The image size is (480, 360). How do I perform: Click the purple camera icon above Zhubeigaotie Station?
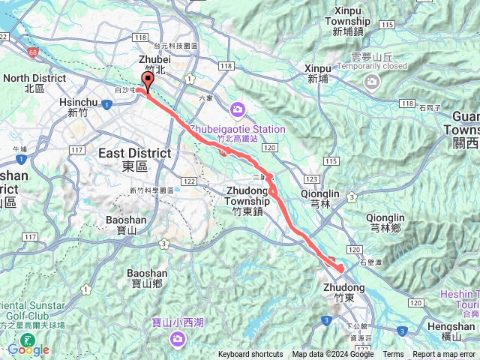[238, 111]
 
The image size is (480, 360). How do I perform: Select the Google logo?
[28, 349]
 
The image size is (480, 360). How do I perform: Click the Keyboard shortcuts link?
[250, 355]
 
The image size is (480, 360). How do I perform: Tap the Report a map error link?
[444, 355]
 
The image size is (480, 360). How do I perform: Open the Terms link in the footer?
[393, 355]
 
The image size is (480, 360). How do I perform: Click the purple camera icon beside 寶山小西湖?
[178, 339]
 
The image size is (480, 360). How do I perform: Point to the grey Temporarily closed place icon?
[370, 81]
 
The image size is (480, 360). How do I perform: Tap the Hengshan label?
[447, 326]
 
